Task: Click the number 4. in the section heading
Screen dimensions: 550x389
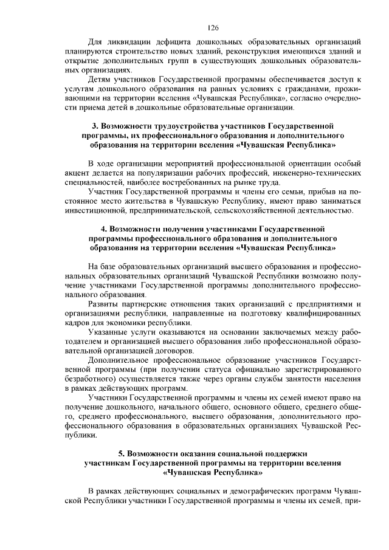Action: pos(104,229)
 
